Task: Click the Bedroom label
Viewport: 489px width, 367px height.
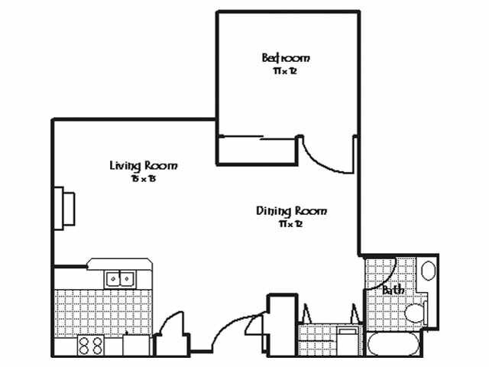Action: [286, 57]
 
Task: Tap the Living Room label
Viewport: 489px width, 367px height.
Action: [144, 165]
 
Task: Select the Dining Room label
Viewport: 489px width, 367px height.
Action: [291, 210]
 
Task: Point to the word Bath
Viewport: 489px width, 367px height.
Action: [393, 291]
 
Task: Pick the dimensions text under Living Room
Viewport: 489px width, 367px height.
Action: [143, 179]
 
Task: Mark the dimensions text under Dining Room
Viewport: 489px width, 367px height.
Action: [291, 224]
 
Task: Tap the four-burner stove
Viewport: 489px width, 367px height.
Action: [90, 346]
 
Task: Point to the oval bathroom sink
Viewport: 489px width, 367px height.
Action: [428, 271]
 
